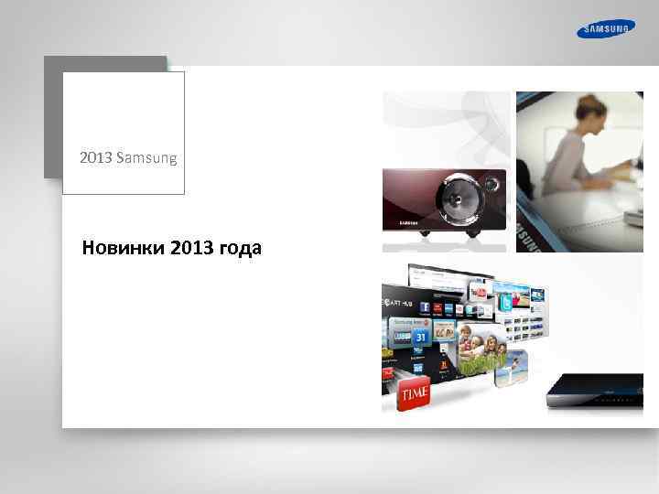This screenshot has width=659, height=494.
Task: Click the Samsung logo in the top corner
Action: [x=605, y=28]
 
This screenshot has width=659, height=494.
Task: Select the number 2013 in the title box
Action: [x=94, y=158]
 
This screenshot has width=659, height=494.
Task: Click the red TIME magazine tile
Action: [x=413, y=393]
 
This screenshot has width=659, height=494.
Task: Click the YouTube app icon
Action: [x=478, y=291]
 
